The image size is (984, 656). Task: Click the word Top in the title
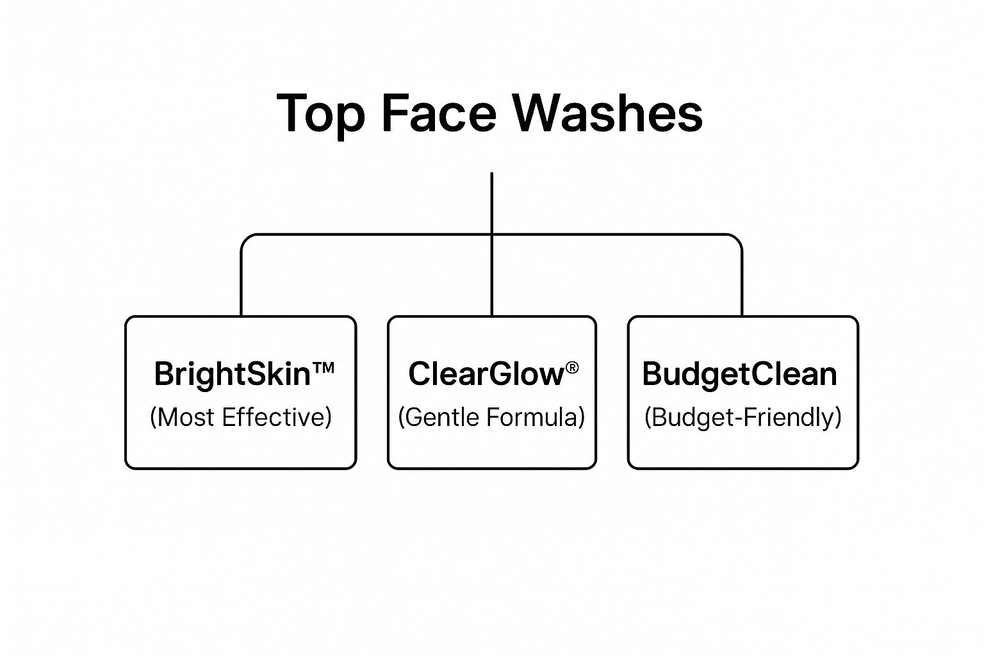[320, 113]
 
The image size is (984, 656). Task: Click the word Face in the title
[439, 113]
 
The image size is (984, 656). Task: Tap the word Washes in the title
[607, 113]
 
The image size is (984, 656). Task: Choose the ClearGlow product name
[486, 373]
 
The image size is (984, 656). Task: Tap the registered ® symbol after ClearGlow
[572, 367]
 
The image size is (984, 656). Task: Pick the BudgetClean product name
[739, 373]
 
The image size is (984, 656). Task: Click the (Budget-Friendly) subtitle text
[742, 417]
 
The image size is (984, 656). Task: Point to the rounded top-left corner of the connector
[246, 239]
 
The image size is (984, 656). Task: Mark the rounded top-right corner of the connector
[737, 239]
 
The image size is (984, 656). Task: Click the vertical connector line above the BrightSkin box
[242, 282]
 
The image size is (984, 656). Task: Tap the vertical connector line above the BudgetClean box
[742, 282]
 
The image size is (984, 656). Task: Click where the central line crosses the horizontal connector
[491, 234]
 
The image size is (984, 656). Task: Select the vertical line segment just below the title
[491, 199]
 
